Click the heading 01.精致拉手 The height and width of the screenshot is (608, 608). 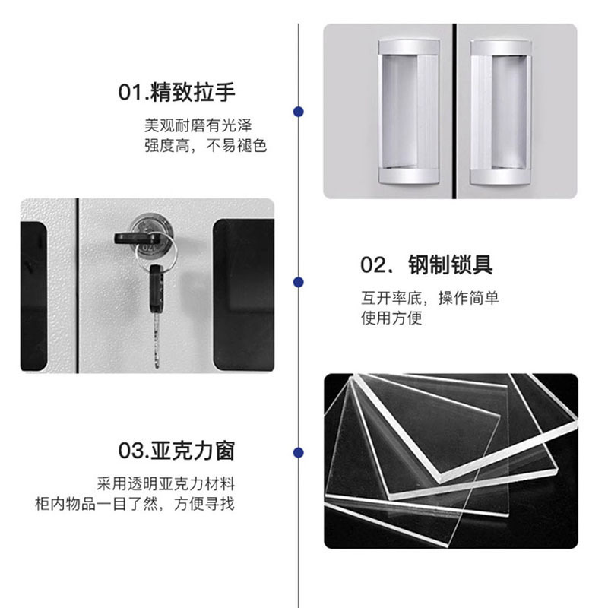click(x=177, y=93)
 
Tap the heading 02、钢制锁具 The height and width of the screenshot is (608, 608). click(x=426, y=264)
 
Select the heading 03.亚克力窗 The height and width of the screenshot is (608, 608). click(x=177, y=451)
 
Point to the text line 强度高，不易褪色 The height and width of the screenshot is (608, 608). click(x=206, y=145)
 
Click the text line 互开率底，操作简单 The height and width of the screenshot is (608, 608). click(x=429, y=298)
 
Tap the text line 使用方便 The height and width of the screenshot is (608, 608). click(x=391, y=318)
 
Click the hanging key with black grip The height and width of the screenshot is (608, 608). click(x=156, y=304)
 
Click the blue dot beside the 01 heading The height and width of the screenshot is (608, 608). click(x=299, y=112)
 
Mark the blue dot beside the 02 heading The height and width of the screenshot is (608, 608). click(x=299, y=282)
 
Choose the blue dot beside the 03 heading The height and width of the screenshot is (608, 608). click(x=299, y=452)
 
